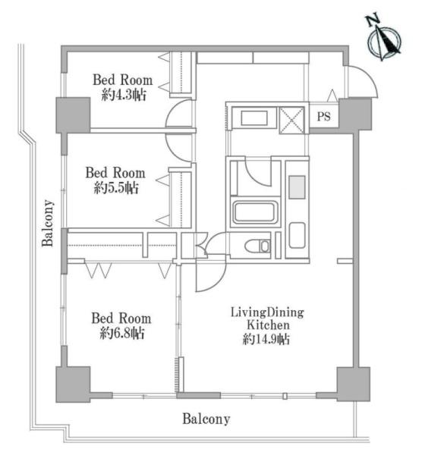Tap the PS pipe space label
point(323,117)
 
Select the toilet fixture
point(257,246)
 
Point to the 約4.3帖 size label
point(124,95)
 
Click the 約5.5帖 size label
point(116,188)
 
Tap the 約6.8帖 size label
point(121,333)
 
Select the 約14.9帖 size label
point(266,339)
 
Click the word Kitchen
point(268,325)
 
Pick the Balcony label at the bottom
point(206,419)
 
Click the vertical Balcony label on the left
point(48,223)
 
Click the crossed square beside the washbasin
point(291,120)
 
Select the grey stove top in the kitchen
point(297,187)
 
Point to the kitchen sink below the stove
point(297,235)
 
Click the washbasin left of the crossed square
point(254,118)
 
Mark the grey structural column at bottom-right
point(353,384)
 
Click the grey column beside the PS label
point(355,114)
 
